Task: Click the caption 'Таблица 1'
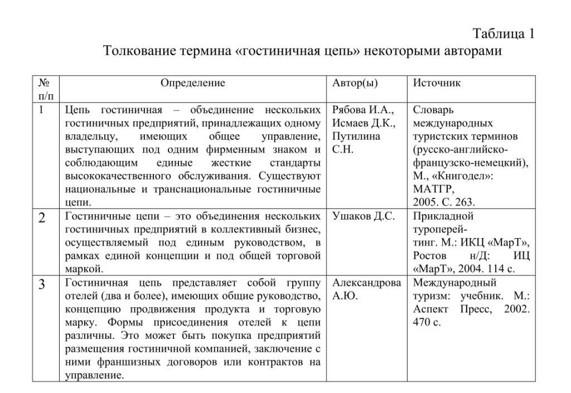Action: (x=504, y=33)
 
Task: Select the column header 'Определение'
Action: (x=193, y=83)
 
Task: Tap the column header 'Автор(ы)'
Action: (x=355, y=83)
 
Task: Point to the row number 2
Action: (x=42, y=218)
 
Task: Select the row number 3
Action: (x=42, y=285)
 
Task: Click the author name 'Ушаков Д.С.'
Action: (x=364, y=216)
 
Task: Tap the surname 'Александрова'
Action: (x=366, y=283)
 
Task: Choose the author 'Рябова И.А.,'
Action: (x=363, y=110)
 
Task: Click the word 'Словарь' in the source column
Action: (x=433, y=110)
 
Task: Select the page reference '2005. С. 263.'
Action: (x=444, y=202)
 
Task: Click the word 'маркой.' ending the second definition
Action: (x=83, y=269)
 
